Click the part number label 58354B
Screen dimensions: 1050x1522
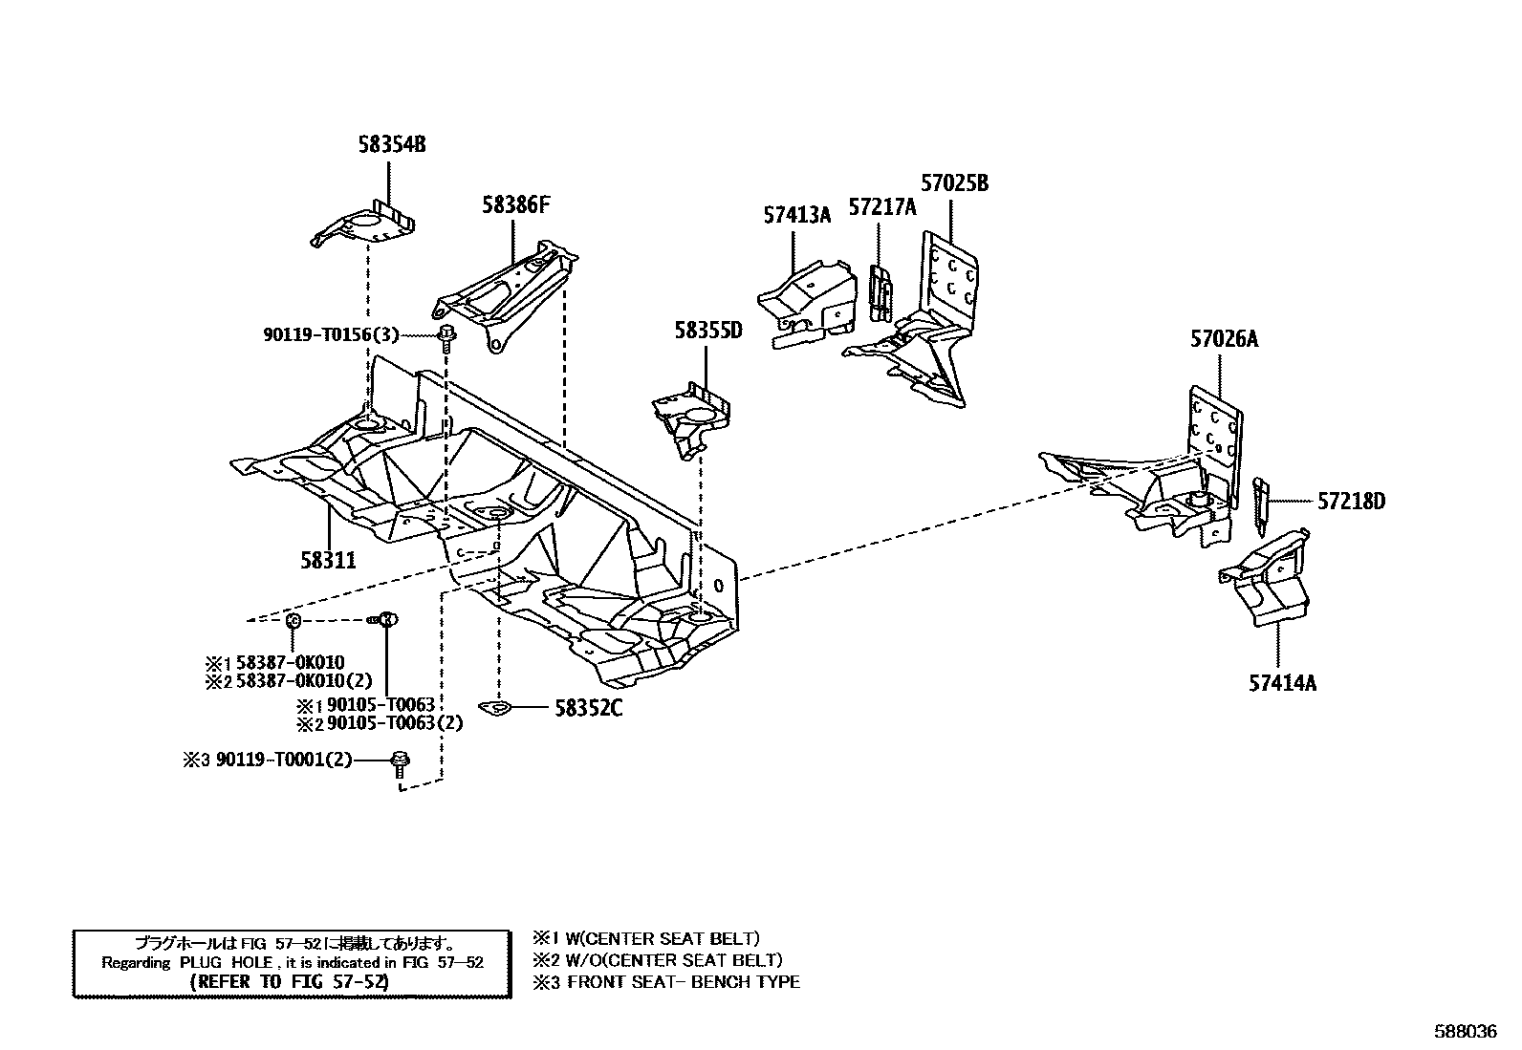point(391,145)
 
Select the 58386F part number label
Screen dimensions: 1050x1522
point(516,204)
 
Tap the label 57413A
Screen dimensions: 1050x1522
point(796,216)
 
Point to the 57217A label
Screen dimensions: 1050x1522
point(882,207)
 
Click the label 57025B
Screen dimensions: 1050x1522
point(954,183)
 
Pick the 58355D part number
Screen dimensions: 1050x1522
point(707,332)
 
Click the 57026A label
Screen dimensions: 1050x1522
point(1224,338)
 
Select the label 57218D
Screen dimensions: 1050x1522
point(1351,501)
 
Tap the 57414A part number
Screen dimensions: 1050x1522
point(1282,683)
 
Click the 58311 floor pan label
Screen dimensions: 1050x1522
point(328,560)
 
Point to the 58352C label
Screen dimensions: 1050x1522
point(589,709)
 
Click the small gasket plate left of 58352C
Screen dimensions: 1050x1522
point(497,709)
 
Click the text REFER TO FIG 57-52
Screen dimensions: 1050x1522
point(291,981)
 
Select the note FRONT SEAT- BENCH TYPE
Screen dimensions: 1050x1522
point(683,981)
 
